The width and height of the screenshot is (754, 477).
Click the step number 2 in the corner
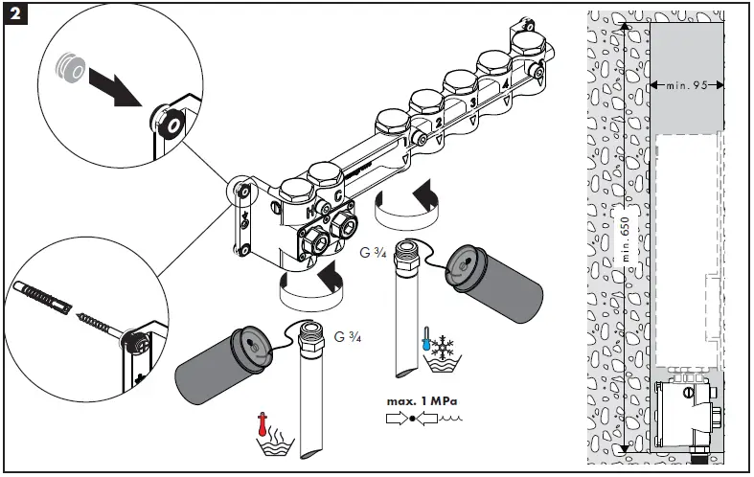tap(15, 14)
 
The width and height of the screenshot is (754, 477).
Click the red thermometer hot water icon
tap(262, 424)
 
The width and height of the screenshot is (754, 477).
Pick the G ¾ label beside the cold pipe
tap(372, 253)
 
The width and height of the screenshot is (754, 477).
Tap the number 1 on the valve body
tap(405, 142)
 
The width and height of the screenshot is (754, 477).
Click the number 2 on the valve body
tap(438, 123)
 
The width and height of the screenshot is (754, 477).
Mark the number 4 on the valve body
tap(505, 84)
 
